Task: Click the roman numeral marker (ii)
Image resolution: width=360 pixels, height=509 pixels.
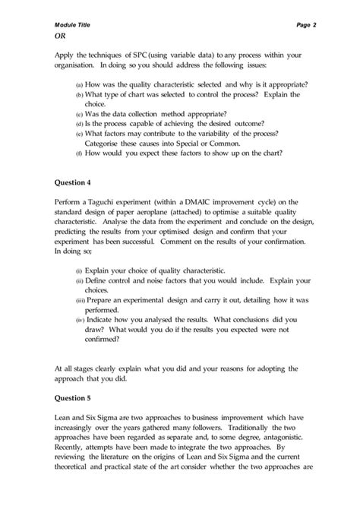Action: point(78,280)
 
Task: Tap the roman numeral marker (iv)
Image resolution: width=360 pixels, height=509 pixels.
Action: point(78,319)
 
